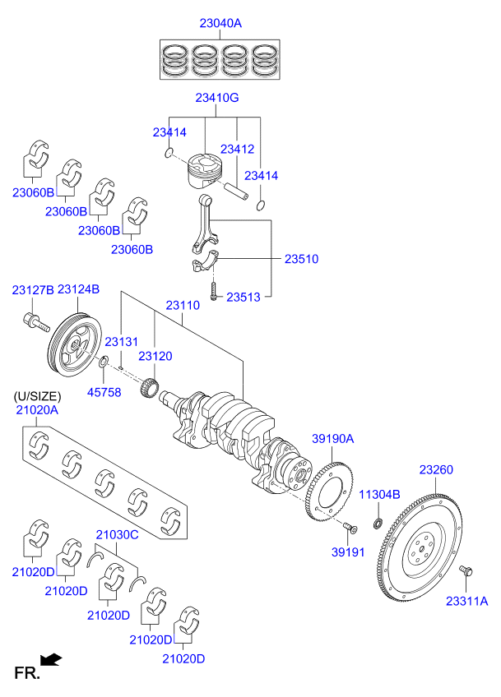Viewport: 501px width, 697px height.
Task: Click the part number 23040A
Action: tap(220, 23)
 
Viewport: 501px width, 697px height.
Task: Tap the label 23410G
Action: tap(216, 98)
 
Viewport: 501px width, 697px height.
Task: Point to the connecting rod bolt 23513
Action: tap(213, 290)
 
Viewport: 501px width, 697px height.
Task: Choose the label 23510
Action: tap(301, 259)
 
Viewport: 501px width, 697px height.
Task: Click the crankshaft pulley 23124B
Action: tap(73, 346)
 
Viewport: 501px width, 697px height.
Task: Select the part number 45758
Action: tap(104, 392)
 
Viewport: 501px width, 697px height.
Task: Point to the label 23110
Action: tap(182, 305)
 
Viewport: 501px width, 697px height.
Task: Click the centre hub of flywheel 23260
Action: tap(425, 547)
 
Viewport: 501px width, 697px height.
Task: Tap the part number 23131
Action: tap(121, 342)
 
